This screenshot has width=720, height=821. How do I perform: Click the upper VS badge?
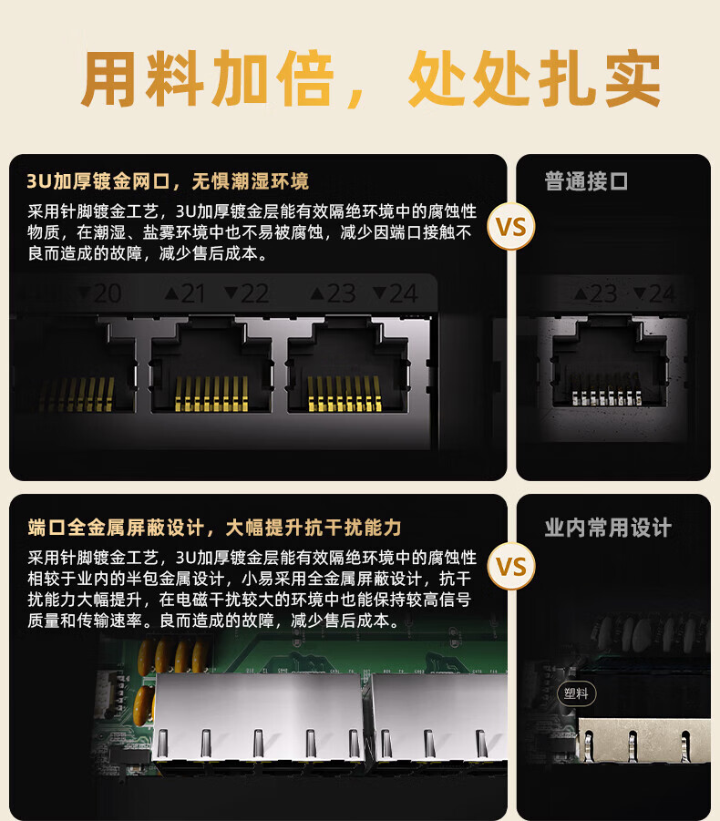[x=511, y=227]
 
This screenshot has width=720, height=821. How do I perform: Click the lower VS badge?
[x=511, y=567]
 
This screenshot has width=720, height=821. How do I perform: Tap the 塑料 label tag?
[x=576, y=693]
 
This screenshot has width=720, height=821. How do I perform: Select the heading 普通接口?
[x=586, y=181]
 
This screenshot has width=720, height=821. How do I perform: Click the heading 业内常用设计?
[x=607, y=528]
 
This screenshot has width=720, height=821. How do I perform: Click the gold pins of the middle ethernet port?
[x=211, y=394]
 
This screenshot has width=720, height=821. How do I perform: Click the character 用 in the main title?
[x=110, y=79]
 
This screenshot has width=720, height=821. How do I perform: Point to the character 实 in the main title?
[x=632, y=79]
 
